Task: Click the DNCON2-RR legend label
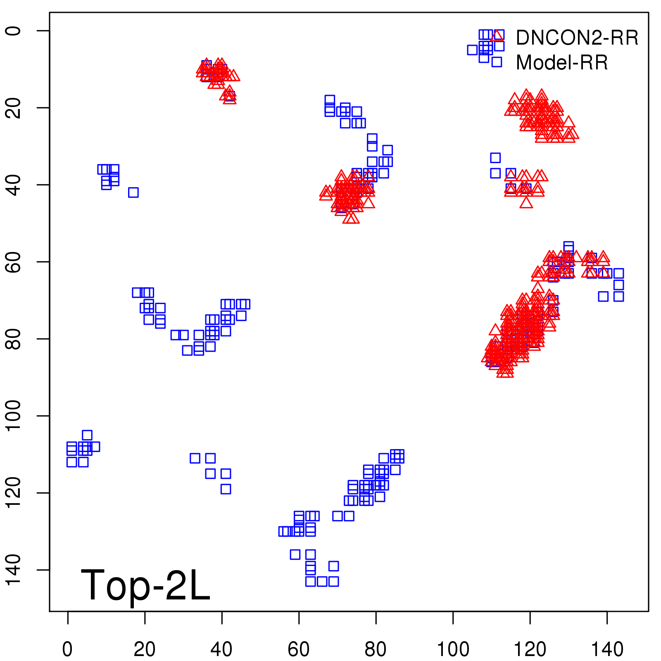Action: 577,38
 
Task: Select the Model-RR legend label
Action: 562,63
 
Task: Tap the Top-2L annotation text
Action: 145,585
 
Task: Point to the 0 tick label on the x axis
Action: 67,649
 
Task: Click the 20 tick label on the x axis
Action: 145,649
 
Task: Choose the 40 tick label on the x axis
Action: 221,649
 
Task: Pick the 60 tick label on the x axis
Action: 299,649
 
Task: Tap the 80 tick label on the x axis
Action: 376,649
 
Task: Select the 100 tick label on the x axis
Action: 453,649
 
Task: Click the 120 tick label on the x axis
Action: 530,649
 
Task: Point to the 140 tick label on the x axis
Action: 607,649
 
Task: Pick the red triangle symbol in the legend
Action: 497,36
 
